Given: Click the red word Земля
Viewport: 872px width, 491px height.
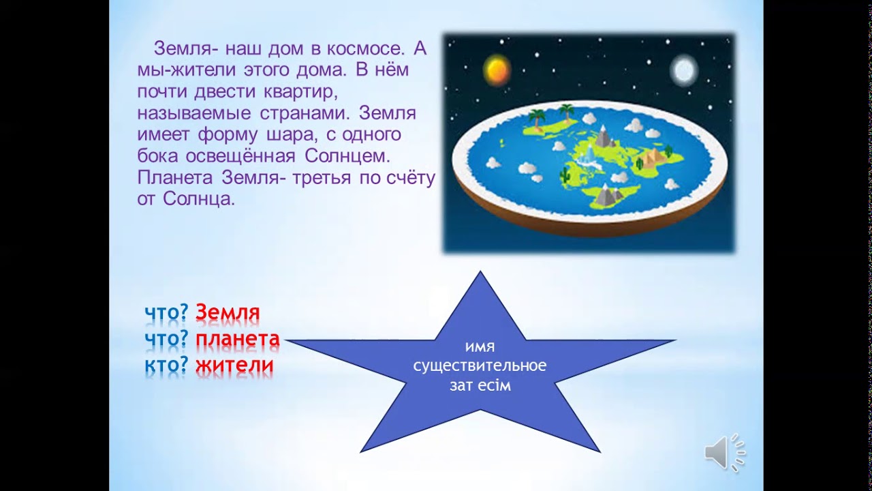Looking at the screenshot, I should [228, 313].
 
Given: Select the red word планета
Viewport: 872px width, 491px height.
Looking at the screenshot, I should [238, 339].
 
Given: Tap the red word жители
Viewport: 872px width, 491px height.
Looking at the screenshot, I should [234, 366].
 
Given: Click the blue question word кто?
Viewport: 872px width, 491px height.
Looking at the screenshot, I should [166, 366].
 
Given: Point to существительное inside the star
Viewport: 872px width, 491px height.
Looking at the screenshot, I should [480, 366].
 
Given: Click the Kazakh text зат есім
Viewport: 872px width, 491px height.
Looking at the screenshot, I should [480, 385].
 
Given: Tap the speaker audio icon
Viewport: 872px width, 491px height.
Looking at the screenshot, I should [724, 451].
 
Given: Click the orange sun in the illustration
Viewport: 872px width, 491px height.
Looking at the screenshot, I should [496, 69].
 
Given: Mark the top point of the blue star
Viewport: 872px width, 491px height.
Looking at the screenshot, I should [480, 273].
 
